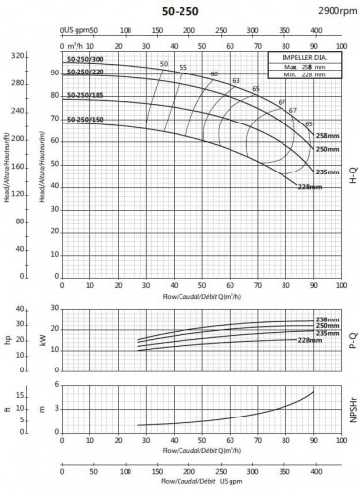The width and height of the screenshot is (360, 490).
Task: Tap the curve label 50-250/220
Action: [x=85, y=75]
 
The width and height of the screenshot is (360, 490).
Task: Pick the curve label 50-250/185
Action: [x=85, y=97]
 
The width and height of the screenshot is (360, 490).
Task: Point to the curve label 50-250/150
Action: [x=85, y=120]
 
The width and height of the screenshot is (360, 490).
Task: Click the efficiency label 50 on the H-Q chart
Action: [x=163, y=65]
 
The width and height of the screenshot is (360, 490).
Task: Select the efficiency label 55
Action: [x=183, y=68]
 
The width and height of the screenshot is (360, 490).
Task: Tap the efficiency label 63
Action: [x=235, y=80]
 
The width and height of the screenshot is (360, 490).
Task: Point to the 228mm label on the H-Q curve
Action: [x=310, y=185]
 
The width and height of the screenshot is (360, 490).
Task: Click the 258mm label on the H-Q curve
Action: [x=328, y=137]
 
